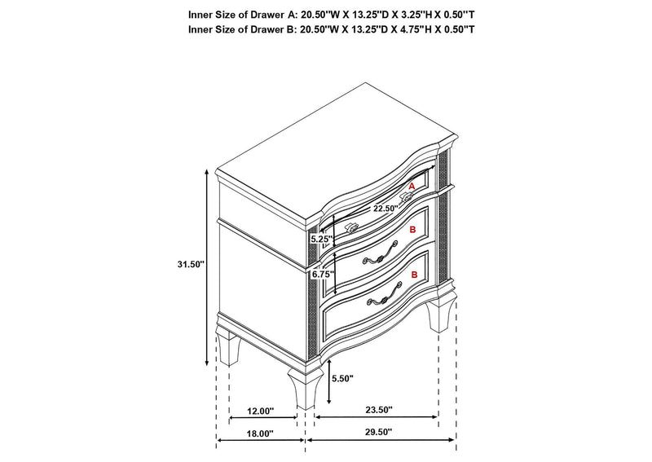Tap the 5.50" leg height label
(x=342, y=378)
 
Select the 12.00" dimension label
(x=261, y=411)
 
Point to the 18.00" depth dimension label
(x=260, y=433)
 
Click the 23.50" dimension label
(x=379, y=410)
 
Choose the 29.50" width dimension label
(x=379, y=432)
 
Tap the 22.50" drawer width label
(x=385, y=209)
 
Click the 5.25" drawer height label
(x=322, y=240)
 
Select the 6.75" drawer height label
(x=323, y=275)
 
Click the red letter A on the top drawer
(x=412, y=187)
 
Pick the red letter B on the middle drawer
(x=412, y=230)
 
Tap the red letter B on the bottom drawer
(x=414, y=275)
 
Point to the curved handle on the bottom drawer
(x=384, y=295)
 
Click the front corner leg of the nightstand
(x=305, y=387)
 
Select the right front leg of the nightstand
(x=440, y=313)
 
